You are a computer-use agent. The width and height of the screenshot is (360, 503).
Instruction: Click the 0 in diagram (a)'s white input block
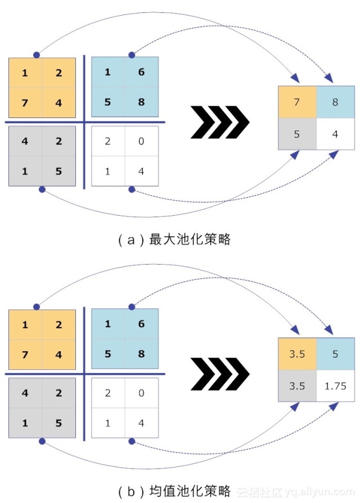coord(141,141)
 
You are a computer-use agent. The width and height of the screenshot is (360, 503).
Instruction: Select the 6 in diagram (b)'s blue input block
coord(141,324)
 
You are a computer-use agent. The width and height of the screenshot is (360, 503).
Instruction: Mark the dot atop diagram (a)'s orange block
coord(37,55)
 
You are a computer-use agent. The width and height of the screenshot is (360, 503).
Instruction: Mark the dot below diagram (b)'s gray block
coord(42,442)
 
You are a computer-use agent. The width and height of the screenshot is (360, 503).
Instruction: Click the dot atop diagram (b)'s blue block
coord(132,307)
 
